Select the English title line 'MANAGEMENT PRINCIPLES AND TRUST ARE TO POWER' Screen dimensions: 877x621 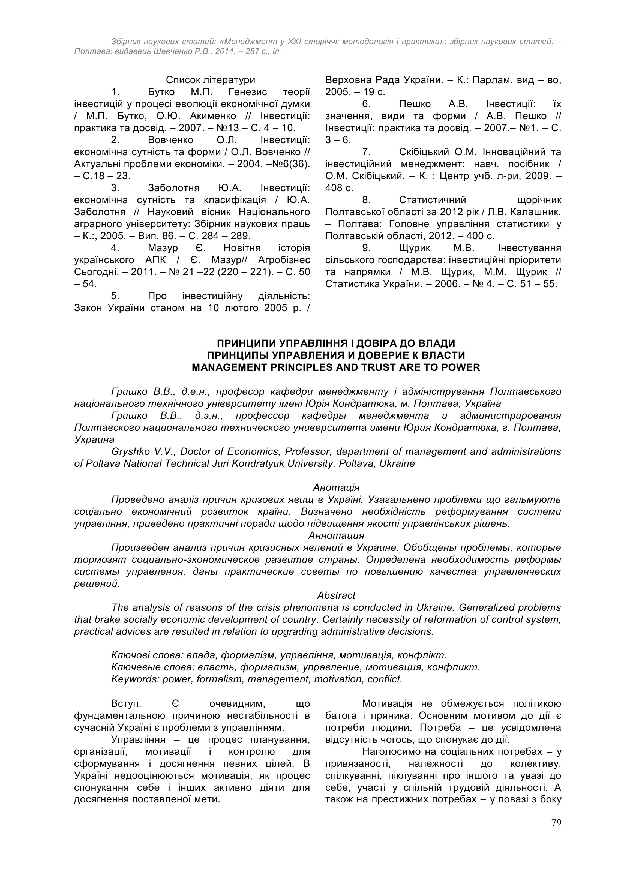336,367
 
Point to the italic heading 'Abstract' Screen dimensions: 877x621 336,595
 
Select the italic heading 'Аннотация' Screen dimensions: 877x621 336,535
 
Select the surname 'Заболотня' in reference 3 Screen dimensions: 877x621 174,188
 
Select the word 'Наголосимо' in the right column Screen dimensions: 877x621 389,752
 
